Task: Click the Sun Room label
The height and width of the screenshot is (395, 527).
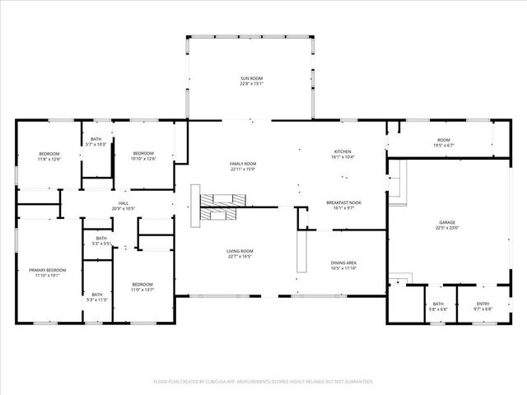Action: point(251,80)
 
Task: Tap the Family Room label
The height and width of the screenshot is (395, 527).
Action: point(243,166)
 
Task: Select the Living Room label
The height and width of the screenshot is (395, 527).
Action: point(240,253)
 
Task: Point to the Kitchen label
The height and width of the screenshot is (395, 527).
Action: point(343,154)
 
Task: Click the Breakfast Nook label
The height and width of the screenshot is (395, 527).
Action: point(344,205)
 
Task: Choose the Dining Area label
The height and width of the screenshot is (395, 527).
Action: point(343,265)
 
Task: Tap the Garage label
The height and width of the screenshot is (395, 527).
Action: point(447,225)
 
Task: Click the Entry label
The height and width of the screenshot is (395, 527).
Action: point(483,306)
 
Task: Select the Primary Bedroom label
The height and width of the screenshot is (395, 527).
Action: point(47,272)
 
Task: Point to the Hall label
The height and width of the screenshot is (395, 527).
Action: point(123,206)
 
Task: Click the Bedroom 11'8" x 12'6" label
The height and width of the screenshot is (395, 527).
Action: point(49,156)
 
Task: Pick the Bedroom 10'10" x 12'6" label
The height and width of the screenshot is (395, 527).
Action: point(144,156)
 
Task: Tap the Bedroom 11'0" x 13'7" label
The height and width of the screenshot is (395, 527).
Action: point(142,287)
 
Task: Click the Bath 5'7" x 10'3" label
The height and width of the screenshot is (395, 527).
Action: point(96,142)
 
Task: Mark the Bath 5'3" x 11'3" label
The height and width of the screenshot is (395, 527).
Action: point(97,296)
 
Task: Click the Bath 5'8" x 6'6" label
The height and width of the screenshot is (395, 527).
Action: point(437,306)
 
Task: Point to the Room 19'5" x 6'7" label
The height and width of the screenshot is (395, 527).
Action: point(444,142)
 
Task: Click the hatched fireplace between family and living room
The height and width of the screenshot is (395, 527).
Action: point(220,206)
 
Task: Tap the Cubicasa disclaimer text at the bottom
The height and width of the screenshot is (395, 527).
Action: point(263,382)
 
